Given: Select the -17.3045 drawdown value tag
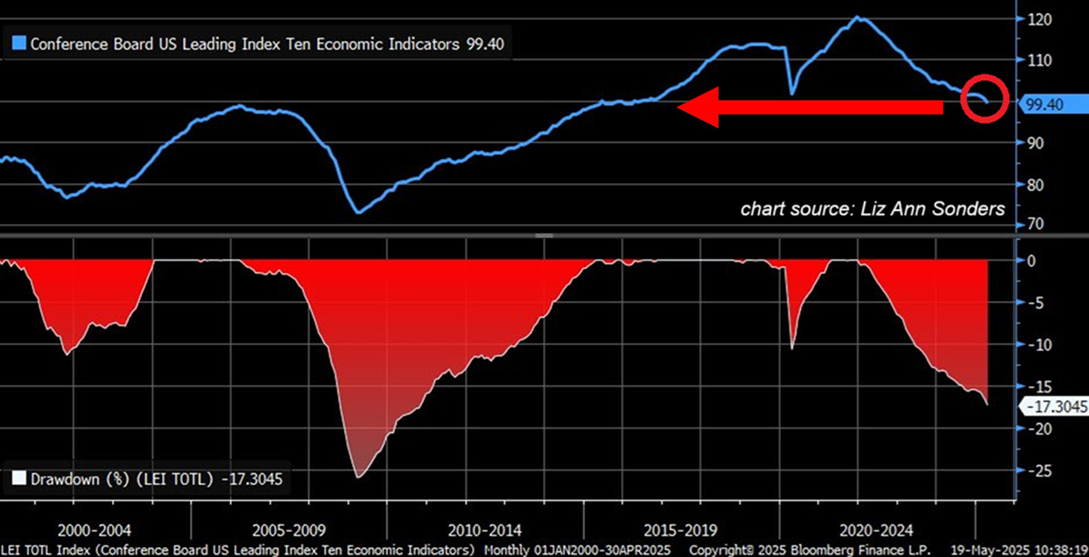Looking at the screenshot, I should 1053,405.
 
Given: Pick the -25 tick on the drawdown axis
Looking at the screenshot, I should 1038,470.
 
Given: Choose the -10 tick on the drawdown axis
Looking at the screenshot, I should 1038,344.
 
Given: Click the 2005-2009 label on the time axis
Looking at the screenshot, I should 290,531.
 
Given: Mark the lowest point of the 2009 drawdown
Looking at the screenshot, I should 358,477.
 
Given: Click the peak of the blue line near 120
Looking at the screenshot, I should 856,18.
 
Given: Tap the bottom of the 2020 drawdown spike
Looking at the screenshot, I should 793,349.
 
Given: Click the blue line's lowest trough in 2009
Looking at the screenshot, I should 358,212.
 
